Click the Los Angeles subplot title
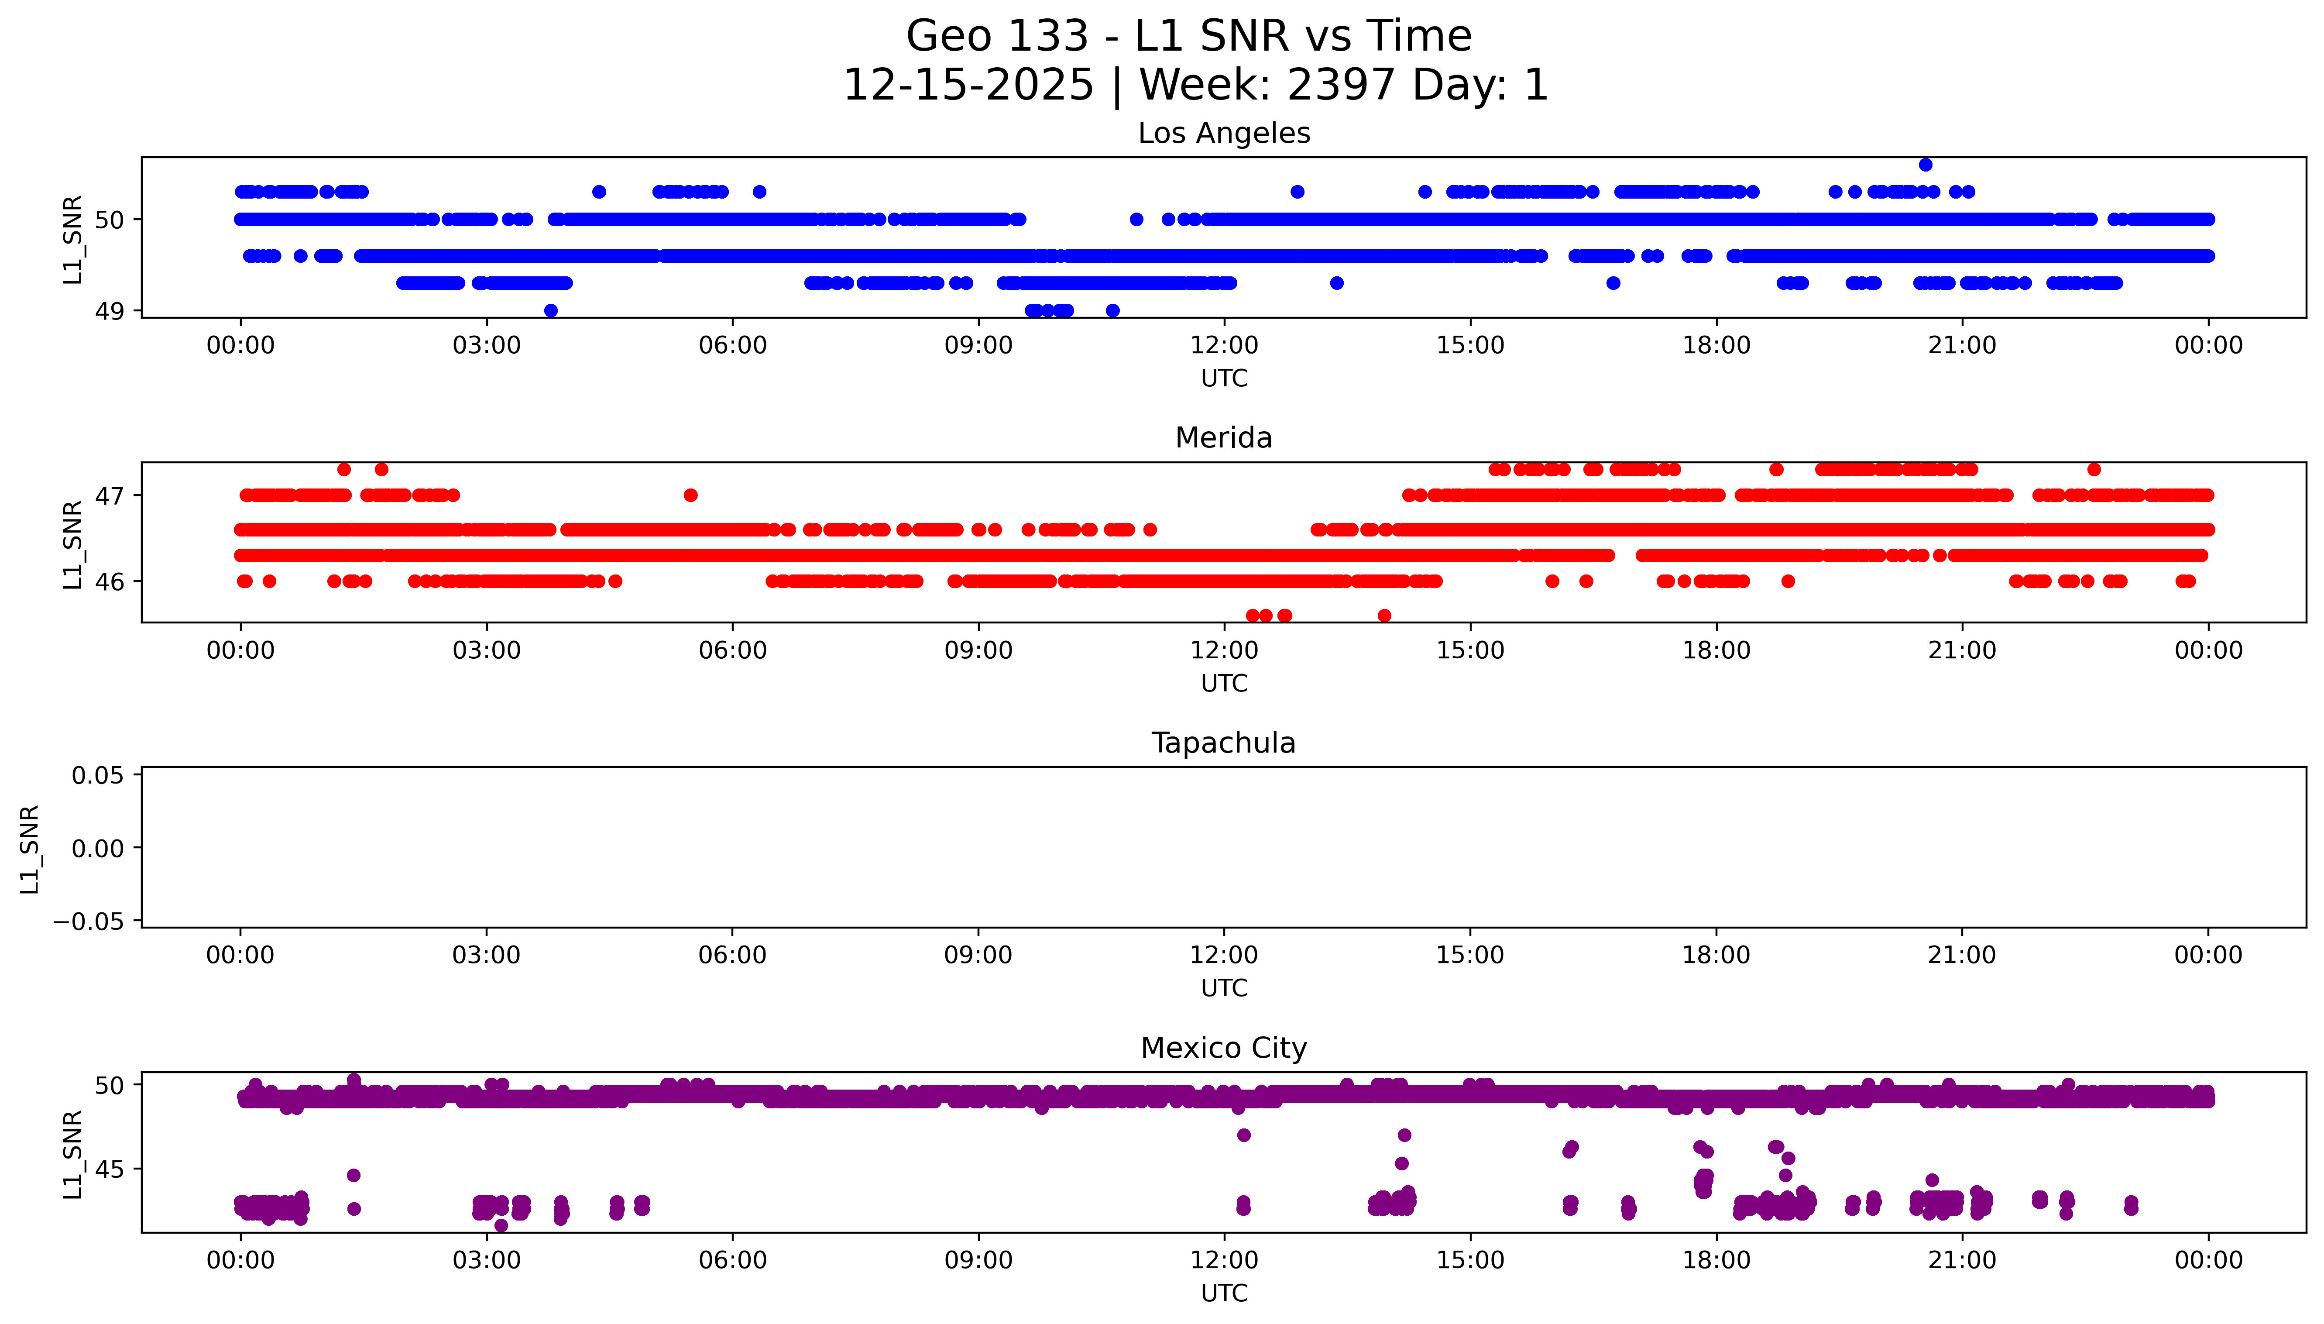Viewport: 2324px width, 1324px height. coord(1223,134)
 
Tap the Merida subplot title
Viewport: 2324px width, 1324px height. coord(1223,438)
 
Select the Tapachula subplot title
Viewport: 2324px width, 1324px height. coord(1223,743)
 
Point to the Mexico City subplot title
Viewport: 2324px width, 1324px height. coord(1223,1049)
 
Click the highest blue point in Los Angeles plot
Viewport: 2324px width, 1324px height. coord(1925,165)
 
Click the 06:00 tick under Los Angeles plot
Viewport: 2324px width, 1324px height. coord(733,346)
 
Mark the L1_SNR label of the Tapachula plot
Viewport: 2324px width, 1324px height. coord(30,849)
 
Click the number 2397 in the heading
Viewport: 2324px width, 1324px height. coord(1341,86)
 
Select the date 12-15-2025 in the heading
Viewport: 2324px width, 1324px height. coord(968,86)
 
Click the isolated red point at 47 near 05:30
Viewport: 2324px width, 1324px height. coord(691,495)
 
